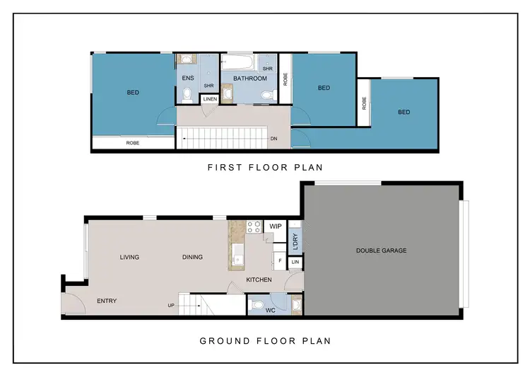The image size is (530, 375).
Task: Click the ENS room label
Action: [187, 78]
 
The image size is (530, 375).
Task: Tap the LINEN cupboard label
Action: [210, 99]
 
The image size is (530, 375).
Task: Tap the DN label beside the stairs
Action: [273, 139]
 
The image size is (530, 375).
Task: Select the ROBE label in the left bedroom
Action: [132, 143]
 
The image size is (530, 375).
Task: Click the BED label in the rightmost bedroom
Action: [404, 112]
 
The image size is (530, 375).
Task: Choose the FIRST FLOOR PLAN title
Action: [265, 168]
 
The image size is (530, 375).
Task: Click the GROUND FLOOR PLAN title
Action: [265, 341]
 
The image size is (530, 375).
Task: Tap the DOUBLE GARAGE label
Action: [381, 250]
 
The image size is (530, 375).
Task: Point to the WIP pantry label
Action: [276, 226]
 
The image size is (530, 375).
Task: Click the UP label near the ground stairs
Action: [171, 306]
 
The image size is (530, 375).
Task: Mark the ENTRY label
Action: [107, 301]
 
